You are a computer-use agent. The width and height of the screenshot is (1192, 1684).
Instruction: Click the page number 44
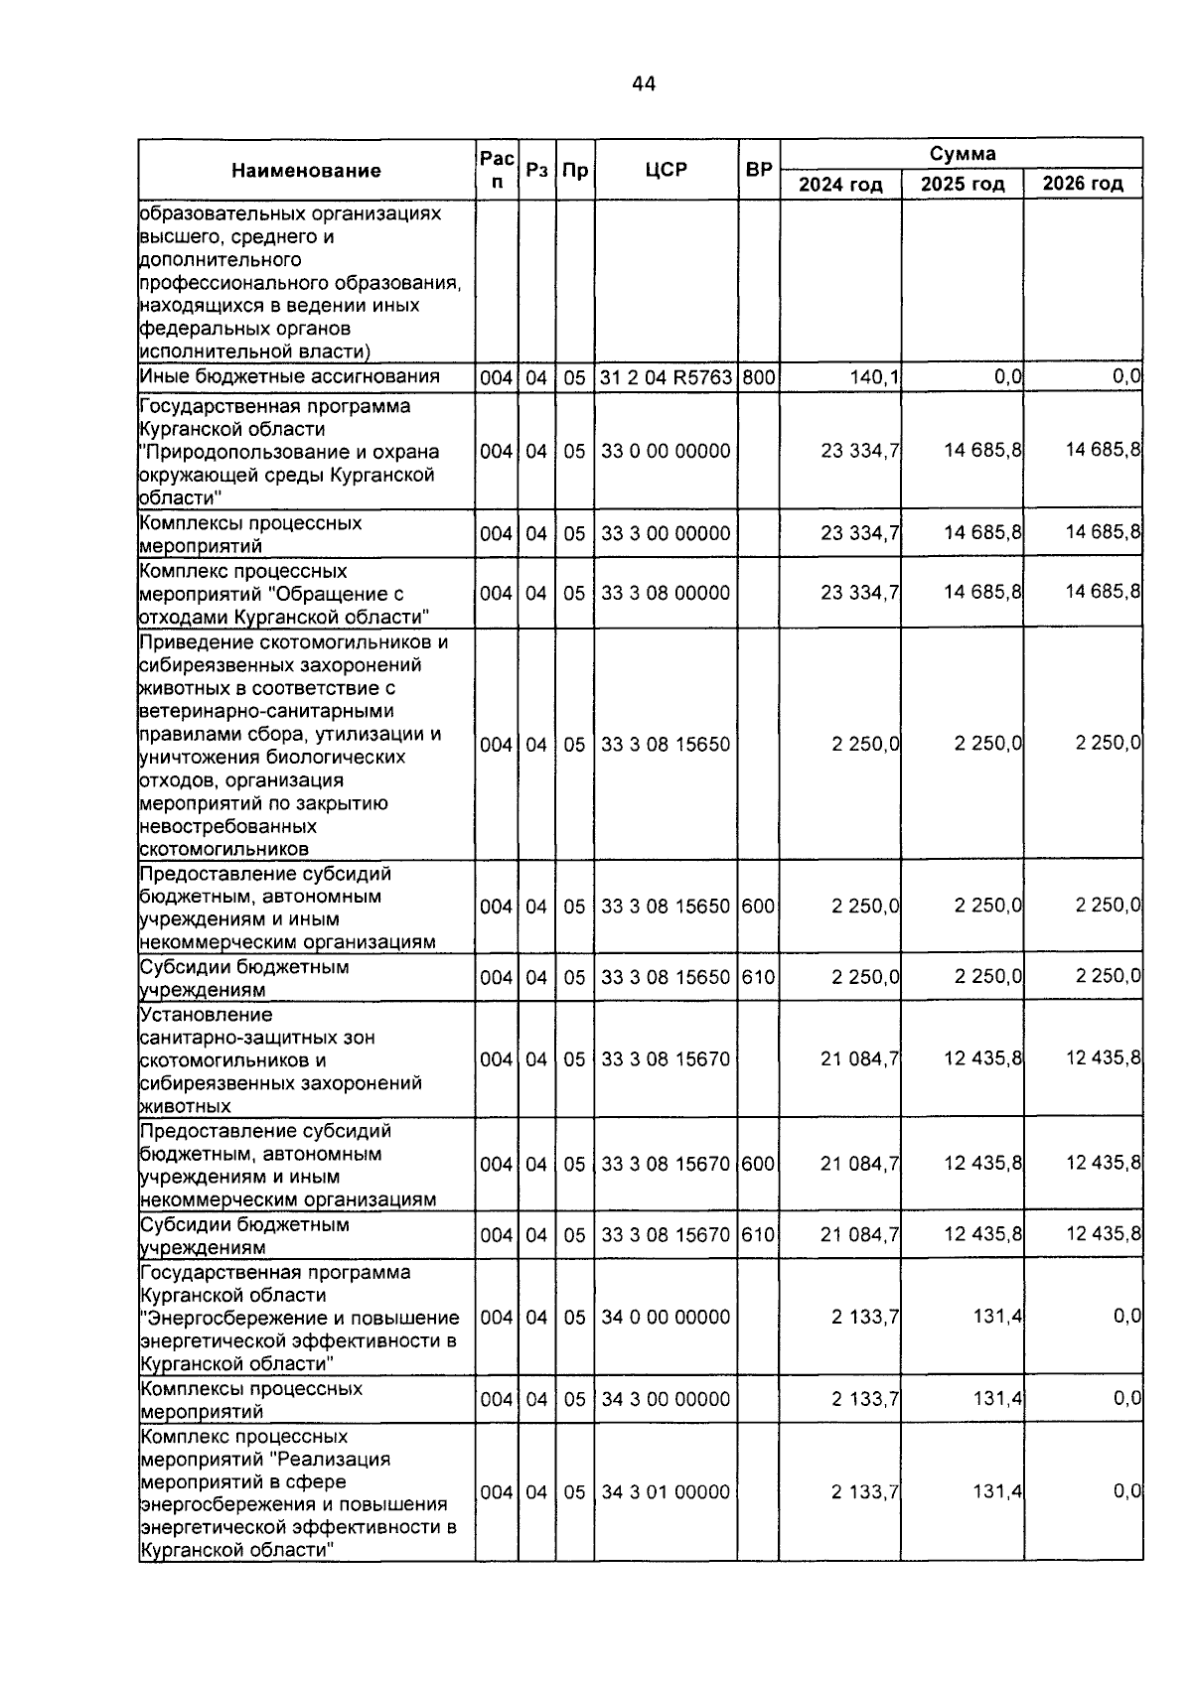coord(643,84)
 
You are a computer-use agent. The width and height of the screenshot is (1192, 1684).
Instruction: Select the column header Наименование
coord(306,171)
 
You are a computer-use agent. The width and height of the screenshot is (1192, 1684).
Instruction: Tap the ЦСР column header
coord(666,170)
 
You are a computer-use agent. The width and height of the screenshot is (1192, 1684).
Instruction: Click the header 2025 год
coord(963,185)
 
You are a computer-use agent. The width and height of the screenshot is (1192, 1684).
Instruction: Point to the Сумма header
coord(962,154)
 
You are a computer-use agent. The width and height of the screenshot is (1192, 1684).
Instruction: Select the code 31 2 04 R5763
coord(666,377)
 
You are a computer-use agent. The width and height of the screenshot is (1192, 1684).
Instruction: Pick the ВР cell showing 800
coord(758,377)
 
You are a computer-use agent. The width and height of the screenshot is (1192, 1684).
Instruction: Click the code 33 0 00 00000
coord(666,452)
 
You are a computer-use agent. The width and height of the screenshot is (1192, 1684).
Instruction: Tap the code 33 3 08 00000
coord(666,594)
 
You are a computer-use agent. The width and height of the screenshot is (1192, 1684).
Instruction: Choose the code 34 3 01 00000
coord(666,1492)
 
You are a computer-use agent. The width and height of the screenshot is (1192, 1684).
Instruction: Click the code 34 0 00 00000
coord(666,1318)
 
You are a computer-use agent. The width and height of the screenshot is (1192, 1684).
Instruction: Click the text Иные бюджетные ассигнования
coord(289,376)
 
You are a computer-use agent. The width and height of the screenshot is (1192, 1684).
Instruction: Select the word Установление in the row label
coord(206,1015)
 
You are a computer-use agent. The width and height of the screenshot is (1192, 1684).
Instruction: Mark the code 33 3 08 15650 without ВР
coord(666,745)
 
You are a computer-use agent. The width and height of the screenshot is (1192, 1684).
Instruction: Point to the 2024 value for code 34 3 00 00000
coord(865,1399)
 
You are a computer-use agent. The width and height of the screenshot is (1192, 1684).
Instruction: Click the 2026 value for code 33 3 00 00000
coord(1103,533)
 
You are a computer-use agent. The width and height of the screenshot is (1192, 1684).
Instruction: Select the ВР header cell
coord(759,170)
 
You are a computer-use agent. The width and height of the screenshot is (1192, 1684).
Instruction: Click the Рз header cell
coord(536,170)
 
